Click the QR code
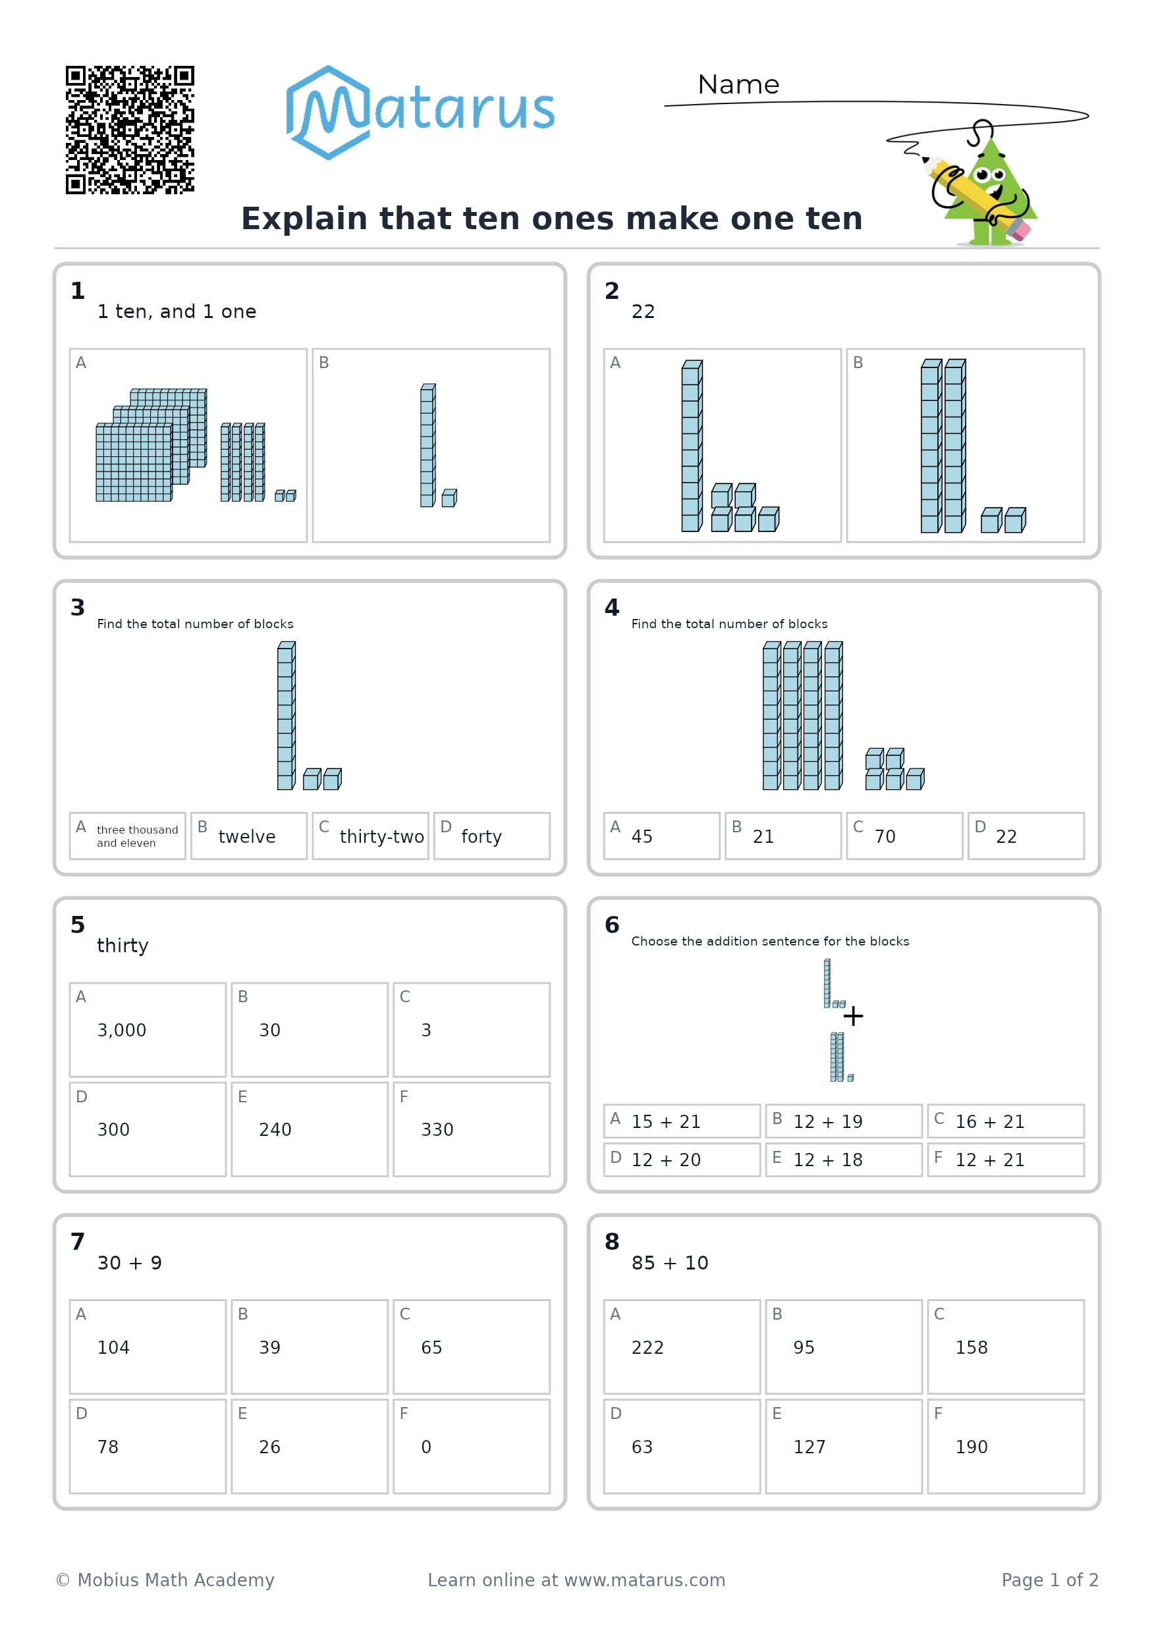pyautogui.click(x=130, y=130)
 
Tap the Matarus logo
pyautogui.click(x=420, y=113)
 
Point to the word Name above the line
pyautogui.click(x=738, y=85)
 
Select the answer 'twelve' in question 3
pyautogui.click(x=247, y=836)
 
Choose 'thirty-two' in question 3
pyautogui.click(x=382, y=837)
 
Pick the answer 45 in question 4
pyautogui.click(x=642, y=837)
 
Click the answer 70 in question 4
pyautogui.click(x=885, y=837)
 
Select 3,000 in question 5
pyautogui.click(x=122, y=1031)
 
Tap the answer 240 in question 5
pyautogui.click(x=275, y=1130)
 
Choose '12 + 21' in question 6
pyautogui.click(x=989, y=1161)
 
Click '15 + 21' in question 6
pyautogui.click(x=666, y=1122)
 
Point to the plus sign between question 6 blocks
pyautogui.click(x=853, y=1015)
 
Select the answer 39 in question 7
pyautogui.click(x=269, y=1348)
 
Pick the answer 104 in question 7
pyautogui.click(x=113, y=1348)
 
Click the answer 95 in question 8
pyautogui.click(x=804, y=1348)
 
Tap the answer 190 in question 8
pyautogui.click(x=972, y=1447)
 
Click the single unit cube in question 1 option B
pyautogui.click(x=450, y=498)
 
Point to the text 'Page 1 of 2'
pyautogui.click(x=1050, y=1580)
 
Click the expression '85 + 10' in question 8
pyautogui.click(x=670, y=1263)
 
